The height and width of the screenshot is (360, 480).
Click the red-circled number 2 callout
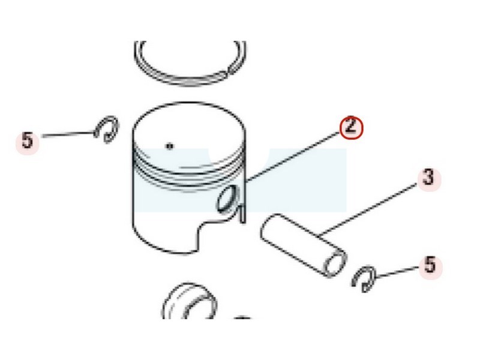(351, 127)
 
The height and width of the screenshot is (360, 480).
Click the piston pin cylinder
(304, 245)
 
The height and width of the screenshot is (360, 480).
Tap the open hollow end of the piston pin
(335, 263)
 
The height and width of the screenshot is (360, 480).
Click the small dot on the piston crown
(169, 146)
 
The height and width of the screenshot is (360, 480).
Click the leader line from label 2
(293, 157)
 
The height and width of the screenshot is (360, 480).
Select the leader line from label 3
(368, 211)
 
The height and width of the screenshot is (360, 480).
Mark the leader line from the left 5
(68, 134)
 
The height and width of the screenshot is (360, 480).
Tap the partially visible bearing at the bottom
(190, 302)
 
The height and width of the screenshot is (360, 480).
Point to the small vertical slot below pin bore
(242, 213)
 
